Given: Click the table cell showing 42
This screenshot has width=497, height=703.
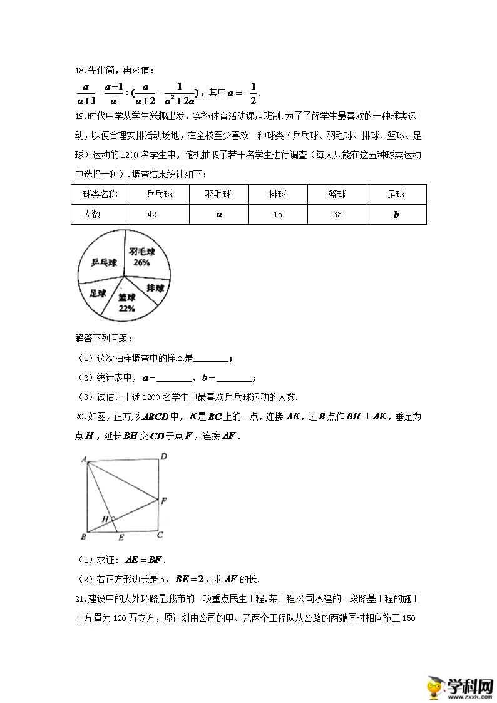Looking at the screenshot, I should [x=152, y=215].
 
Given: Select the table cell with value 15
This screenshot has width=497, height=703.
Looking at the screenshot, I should [x=277, y=215].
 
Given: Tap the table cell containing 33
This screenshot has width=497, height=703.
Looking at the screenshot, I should [x=337, y=215].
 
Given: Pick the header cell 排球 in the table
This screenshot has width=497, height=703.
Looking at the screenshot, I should [x=277, y=195].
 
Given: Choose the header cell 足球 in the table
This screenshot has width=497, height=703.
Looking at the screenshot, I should [x=396, y=195].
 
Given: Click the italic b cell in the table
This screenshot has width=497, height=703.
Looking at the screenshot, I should [x=396, y=215].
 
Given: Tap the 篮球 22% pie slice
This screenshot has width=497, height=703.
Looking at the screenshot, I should [x=127, y=302].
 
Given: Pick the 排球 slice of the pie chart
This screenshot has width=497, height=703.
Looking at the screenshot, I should [x=155, y=288].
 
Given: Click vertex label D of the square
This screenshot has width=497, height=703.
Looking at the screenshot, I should [x=163, y=458].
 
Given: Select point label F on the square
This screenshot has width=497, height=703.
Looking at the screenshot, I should [x=163, y=501].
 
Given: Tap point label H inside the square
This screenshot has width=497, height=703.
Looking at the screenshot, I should [x=105, y=519].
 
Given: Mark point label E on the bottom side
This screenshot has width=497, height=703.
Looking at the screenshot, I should [x=120, y=537].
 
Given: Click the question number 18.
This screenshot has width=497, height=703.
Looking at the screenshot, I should [x=79, y=72].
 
